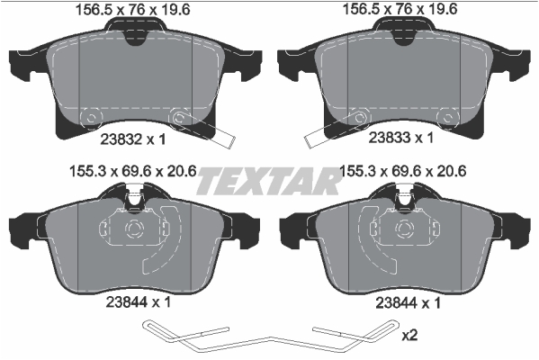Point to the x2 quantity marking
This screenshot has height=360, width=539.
pyautogui.click(x=409, y=336)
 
